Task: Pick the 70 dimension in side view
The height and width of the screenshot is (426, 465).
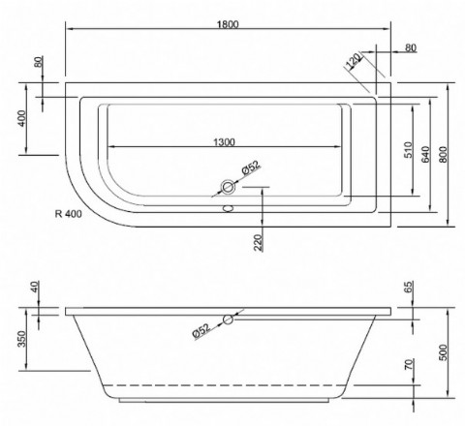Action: pos(410,368)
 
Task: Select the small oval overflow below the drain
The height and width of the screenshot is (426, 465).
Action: pos(229,205)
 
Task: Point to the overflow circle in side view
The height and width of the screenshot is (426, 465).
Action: pos(227,319)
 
